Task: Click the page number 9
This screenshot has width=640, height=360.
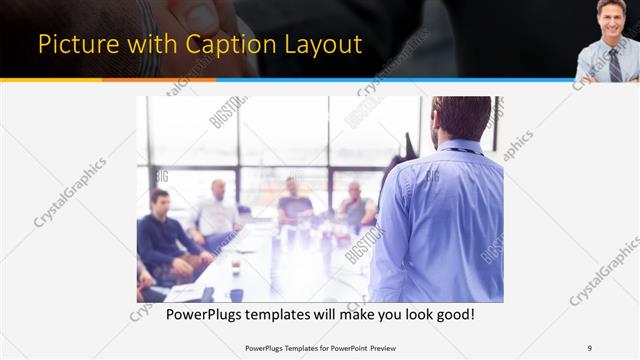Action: click(589, 348)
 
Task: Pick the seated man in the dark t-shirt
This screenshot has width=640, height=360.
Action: click(294, 204)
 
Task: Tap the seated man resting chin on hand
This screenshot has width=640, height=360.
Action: click(355, 206)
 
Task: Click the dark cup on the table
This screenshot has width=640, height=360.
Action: click(236, 294)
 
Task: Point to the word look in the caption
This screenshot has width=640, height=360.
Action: click(400, 314)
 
